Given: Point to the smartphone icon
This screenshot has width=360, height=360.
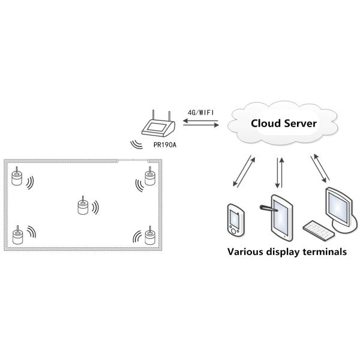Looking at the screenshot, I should (x=235, y=221).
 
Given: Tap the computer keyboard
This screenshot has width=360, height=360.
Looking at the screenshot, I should (x=317, y=228).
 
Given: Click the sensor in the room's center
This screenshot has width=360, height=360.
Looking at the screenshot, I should (x=83, y=205).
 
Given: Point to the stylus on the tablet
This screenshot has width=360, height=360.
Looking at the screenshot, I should (x=265, y=208).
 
